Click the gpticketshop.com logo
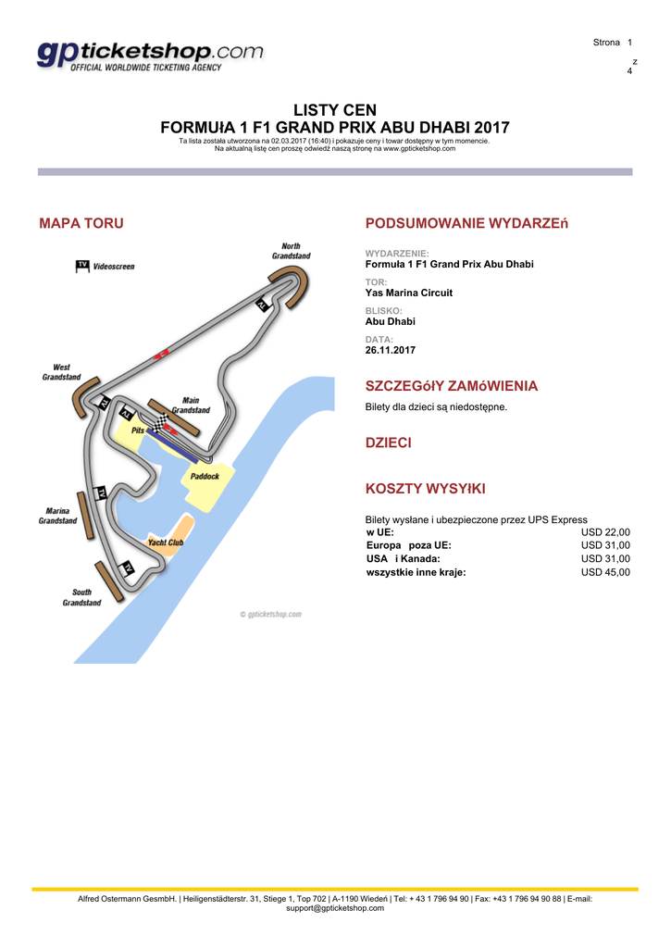[150, 56]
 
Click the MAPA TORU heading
[81, 223]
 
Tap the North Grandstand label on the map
[291, 251]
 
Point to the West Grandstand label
[61, 372]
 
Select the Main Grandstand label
[191, 405]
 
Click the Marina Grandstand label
[57, 516]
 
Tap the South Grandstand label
[81, 597]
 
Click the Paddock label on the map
[205, 477]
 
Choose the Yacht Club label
[166, 542]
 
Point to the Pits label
[138, 430]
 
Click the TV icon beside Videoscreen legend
[81, 266]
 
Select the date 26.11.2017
[391, 351]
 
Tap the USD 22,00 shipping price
[605, 532]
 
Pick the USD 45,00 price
[605, 572]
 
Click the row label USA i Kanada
[404, 559]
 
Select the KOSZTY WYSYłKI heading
[426, 488]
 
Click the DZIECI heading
[389, 443]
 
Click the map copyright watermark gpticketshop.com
[270, 614]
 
